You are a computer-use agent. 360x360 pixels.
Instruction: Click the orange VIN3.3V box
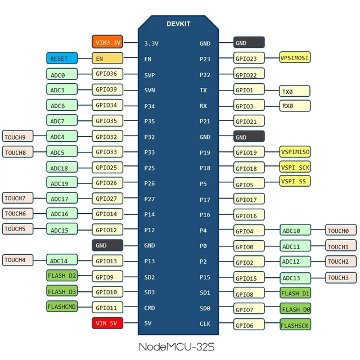pos(107,42)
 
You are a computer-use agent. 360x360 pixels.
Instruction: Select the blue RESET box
pos(62,58)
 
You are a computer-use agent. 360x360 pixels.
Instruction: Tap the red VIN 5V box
pos(107,323)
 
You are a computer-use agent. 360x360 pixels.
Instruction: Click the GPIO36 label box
pos(107,74)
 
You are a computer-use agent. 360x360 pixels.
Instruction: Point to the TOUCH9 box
pos(17,136)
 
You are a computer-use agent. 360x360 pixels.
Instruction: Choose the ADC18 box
pos(62,167)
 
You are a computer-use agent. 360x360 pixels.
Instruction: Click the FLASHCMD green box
pos(62,306)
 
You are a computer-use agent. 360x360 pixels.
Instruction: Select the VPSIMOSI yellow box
pos(295,57)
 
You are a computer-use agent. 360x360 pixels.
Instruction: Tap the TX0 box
pos(295,91)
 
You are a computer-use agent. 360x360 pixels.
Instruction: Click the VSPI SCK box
pos(295,167)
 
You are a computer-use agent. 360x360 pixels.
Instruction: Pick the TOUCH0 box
pos(341,230)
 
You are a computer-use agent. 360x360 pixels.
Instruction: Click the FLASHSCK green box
pos(295,325)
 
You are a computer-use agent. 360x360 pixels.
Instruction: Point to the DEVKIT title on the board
pos(178,24)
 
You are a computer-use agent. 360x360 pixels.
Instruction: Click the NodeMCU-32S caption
pos(177,346)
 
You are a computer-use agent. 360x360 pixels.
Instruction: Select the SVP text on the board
pos(150,75)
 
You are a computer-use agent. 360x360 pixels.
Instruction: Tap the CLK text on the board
pos(205,323)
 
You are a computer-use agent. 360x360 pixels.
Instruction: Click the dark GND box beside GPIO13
pos(107,245)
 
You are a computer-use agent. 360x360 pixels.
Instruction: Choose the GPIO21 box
pos(249,121)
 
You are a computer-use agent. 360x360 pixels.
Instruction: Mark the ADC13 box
pos(295,278)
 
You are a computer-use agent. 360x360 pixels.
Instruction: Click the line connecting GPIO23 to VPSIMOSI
pos(272,57)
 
